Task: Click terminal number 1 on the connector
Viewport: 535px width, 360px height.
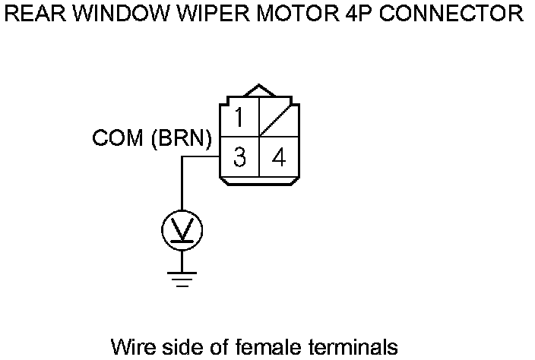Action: click(x=239, y=118)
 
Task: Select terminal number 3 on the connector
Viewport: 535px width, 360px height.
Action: click(x=239, y=158)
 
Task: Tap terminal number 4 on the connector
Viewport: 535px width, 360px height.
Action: click(x=279, y=158)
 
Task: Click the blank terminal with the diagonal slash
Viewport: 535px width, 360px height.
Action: click(x=279, y=118)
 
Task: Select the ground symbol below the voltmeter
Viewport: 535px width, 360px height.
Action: click(x=182, y=279)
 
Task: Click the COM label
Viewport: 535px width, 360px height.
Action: click(x=118, y=139)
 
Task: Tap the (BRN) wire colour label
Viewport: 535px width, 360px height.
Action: click(x=182, y=139)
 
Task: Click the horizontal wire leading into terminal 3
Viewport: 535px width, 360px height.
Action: click(x=201, y=158)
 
